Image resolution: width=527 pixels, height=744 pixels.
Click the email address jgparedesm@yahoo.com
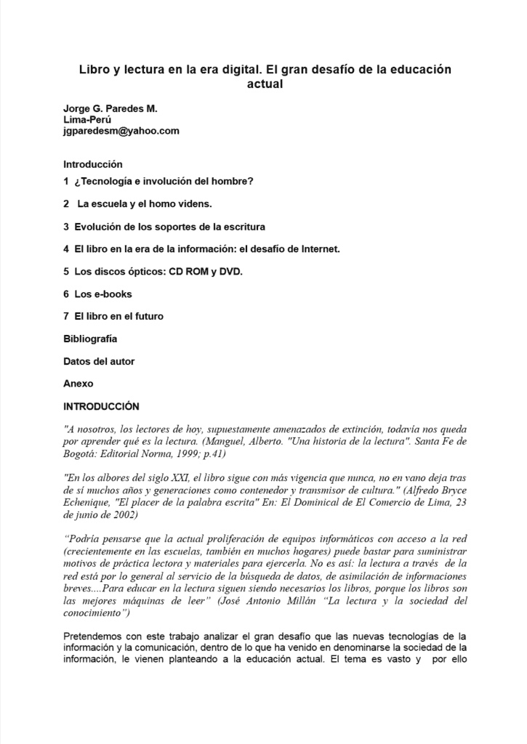click(x=121, y=131)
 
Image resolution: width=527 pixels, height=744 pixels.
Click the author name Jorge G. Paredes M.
click(x=110, y=109)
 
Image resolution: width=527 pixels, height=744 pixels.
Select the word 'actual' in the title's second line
click(x=265, y=84)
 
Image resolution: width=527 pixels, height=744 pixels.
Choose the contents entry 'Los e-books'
click(x=102, y=294)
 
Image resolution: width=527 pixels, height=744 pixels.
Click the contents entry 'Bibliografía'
click(x=90, y=339)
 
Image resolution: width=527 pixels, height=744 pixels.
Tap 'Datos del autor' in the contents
click(x=99, y=361)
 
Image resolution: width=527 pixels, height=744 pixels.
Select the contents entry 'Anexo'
click(x=78, y=384)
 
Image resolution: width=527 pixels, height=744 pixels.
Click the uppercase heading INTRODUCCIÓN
click(x=101, y=406)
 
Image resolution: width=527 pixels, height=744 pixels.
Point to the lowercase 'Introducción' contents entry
click(x=92, y=164)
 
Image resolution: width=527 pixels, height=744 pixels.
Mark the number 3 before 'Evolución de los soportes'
click(x=66, y=227)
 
